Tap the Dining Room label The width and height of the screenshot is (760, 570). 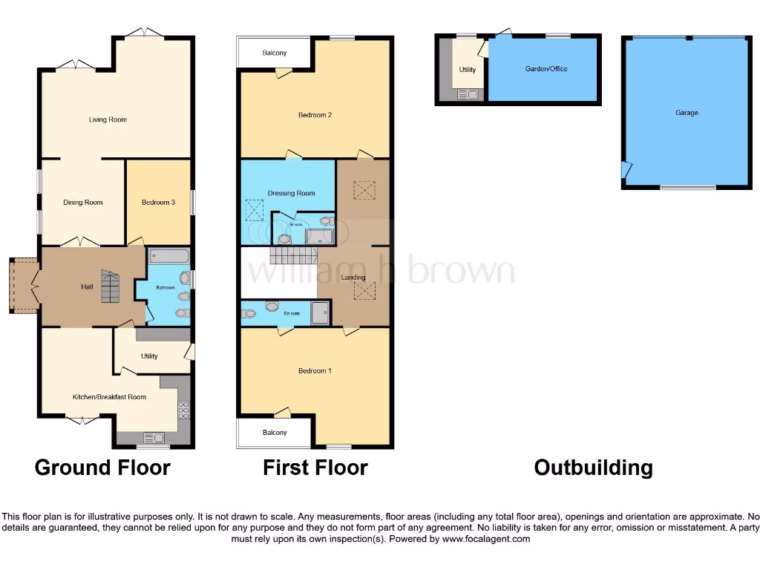(83, 202)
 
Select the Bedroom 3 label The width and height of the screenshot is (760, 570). (158, 202)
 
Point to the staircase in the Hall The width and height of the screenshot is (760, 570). (109, 286)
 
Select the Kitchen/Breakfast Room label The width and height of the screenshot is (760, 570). (109, 397)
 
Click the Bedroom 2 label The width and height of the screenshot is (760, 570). (315, 115)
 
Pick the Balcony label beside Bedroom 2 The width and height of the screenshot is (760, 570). (274, 53)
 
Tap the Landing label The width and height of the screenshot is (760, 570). (353, 278)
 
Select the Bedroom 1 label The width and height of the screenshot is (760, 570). (315, 370)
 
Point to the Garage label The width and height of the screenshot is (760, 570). (687, 113)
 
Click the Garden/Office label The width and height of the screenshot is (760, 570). (546, 69)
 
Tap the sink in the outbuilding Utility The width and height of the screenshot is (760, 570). (468, 94)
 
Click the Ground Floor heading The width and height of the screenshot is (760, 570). (102, 468)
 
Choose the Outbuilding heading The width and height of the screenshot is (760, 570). (593, 468)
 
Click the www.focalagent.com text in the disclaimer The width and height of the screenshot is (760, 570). (486, 539)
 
